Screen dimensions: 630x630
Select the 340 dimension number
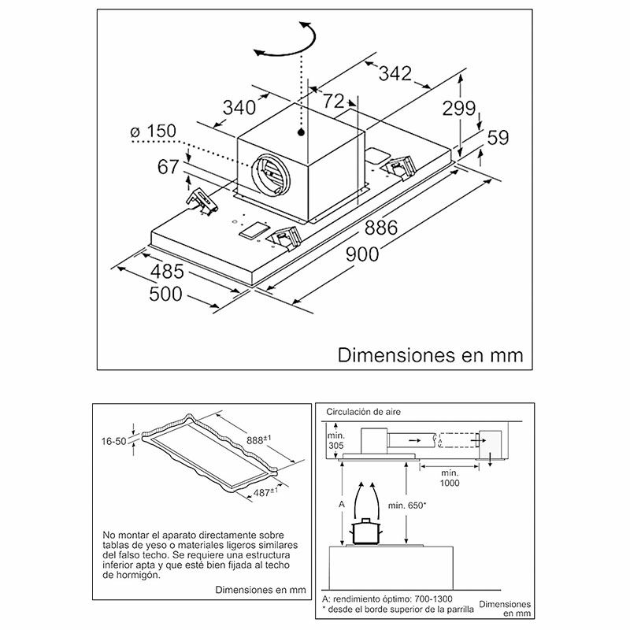coord(239,106)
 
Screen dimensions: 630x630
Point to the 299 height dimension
coord(458,109)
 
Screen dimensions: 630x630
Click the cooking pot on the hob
coord(366,531)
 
